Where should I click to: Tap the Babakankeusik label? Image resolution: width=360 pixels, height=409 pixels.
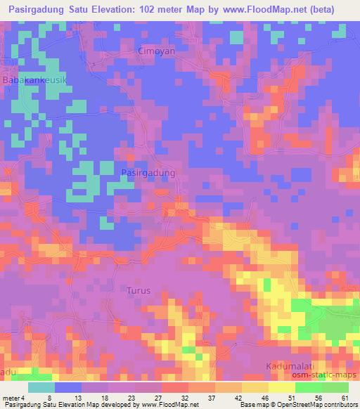coord(35,82)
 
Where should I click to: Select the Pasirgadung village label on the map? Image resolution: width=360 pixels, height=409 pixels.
coord(148,171)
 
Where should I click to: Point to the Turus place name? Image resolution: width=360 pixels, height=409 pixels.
coord(138,290)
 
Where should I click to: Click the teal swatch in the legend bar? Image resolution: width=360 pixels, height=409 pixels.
coord(42,387)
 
